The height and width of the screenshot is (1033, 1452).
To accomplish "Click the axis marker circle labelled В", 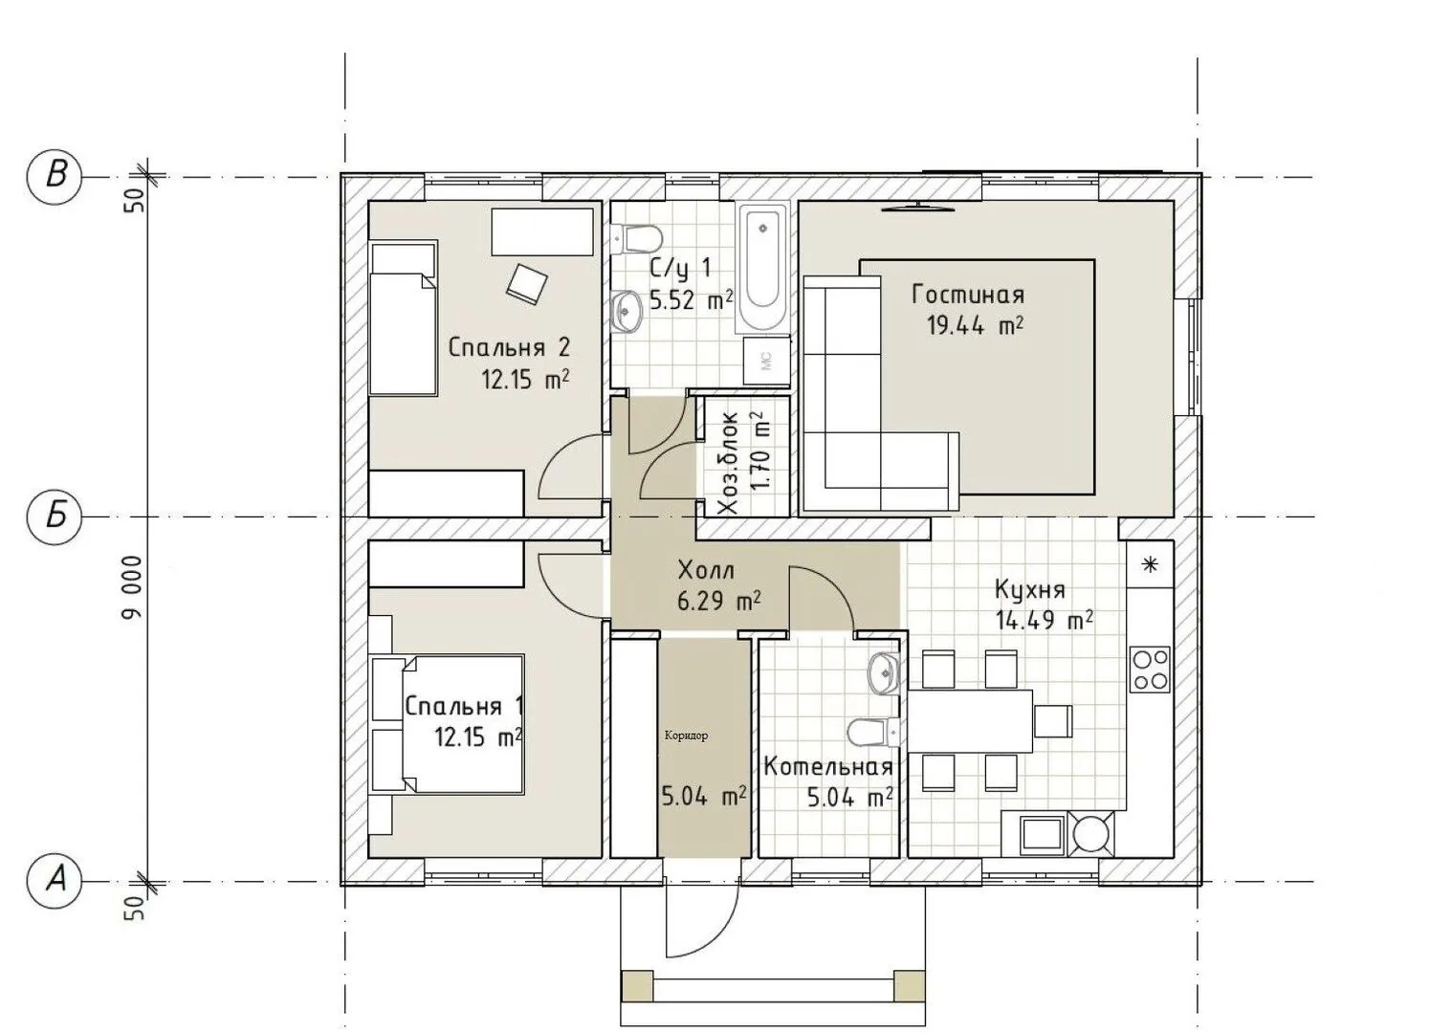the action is tap(55, 176).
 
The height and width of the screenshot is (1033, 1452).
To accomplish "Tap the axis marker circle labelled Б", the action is tap(55, 516).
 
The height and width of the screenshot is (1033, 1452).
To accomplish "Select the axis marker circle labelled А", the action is tap(55, 881).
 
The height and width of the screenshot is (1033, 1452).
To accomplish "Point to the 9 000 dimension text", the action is tap(132, 587).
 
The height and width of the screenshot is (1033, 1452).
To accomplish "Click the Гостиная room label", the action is tap(968, 295).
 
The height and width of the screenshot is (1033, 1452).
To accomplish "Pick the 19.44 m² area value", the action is tap(975, 324).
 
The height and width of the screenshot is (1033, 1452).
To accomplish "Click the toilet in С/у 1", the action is tap(636, 239).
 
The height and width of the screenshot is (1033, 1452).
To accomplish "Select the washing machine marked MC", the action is tap(766, 361).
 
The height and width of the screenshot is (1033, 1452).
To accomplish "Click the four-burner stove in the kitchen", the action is tap(1150, 669).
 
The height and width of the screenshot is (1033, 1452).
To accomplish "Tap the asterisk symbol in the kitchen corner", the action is tap(1150, 564).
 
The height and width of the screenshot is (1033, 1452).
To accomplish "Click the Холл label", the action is tap(706, 571).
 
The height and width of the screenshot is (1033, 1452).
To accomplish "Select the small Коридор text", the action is tap(687, 736).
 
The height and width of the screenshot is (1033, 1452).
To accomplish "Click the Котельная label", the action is tap(828, 767).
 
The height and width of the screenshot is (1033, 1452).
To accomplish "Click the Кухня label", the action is tap(1030, 590).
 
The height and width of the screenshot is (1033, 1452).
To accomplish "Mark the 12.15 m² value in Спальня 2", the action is tap(525, 379).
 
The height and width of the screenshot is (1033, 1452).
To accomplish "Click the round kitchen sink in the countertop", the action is tap(1091, 832).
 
